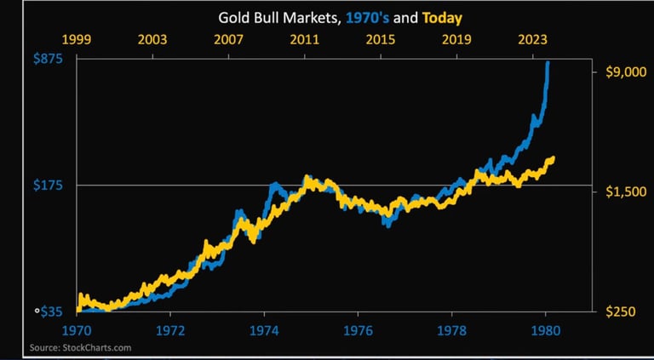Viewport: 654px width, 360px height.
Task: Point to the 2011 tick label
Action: [x=305, y=40]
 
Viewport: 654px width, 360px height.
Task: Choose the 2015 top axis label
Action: [x=381, y=40]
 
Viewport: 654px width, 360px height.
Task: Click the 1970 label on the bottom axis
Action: [x=76, y=329]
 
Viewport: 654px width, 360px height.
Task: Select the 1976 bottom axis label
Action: [x=358, y=329]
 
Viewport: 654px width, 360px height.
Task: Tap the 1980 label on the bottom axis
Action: [x=545, y=329]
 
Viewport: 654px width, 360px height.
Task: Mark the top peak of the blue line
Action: [x=547, y=63]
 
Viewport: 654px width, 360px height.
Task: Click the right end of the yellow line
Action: [x=554, y=158]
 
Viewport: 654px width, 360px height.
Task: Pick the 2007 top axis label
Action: [x=228, y=40]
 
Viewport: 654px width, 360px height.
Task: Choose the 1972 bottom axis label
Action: [x=170, y=329]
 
